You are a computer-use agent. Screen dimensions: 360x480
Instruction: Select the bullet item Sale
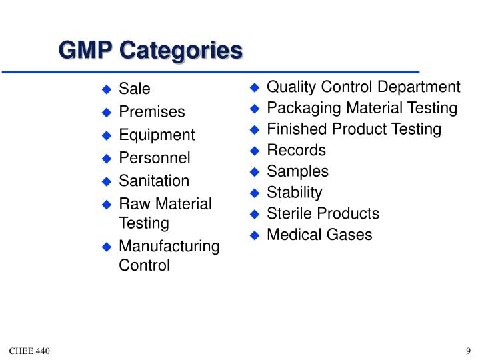135,89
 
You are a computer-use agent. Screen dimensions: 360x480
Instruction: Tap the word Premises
152,112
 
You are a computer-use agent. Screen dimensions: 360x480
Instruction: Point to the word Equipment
157,135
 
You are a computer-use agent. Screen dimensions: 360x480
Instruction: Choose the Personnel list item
155,158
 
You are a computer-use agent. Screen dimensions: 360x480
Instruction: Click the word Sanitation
154,181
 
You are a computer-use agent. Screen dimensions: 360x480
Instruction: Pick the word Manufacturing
169,247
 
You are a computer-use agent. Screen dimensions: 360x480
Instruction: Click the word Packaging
299,109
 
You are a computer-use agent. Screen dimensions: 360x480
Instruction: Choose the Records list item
296,150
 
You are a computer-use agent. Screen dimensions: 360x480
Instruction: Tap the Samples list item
297,171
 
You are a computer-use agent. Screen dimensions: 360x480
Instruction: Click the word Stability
294,193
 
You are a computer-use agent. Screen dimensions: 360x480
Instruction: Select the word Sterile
289,213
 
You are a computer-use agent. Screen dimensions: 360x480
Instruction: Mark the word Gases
350,235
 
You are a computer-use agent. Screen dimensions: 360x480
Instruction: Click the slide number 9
469,351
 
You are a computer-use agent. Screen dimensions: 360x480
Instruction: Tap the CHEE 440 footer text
30,351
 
